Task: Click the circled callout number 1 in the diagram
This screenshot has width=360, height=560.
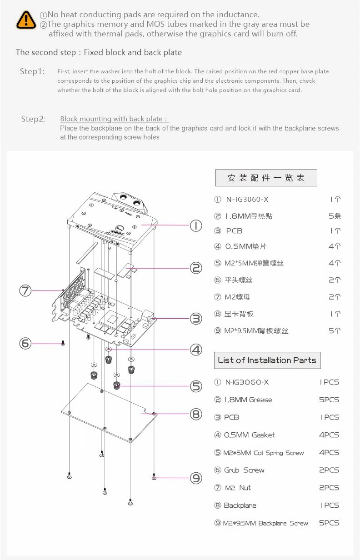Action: coord(196,225)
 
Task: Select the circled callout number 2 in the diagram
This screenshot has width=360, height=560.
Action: coord(196,268)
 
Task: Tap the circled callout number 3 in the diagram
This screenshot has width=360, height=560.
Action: coord(196,319)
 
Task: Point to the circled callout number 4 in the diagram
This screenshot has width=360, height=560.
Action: coord(196,350)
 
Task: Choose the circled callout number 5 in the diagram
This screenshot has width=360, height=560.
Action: coord(196,386)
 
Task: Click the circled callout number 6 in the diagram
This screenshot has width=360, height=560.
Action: coord(25,343)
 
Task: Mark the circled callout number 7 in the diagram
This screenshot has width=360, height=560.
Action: coord(25,290)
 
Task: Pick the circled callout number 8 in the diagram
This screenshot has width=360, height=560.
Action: coord(196,414)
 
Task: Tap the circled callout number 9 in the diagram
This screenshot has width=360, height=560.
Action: coord(196,478)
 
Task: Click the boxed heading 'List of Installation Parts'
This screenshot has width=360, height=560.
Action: coord(267,360)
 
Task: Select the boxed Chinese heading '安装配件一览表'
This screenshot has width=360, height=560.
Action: coord(266,178)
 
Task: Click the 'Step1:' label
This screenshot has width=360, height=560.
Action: coord(32,71)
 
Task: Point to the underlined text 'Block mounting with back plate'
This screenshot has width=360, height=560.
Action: coord(114,119)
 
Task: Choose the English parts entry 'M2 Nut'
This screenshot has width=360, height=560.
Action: coord(238,488)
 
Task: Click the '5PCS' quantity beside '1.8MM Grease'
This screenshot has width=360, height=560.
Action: coord(329,400)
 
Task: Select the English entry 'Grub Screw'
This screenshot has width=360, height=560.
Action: coord(244,470)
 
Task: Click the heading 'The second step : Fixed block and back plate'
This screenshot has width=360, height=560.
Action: coord(99,52)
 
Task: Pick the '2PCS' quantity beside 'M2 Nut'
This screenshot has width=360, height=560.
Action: coord(329,488)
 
